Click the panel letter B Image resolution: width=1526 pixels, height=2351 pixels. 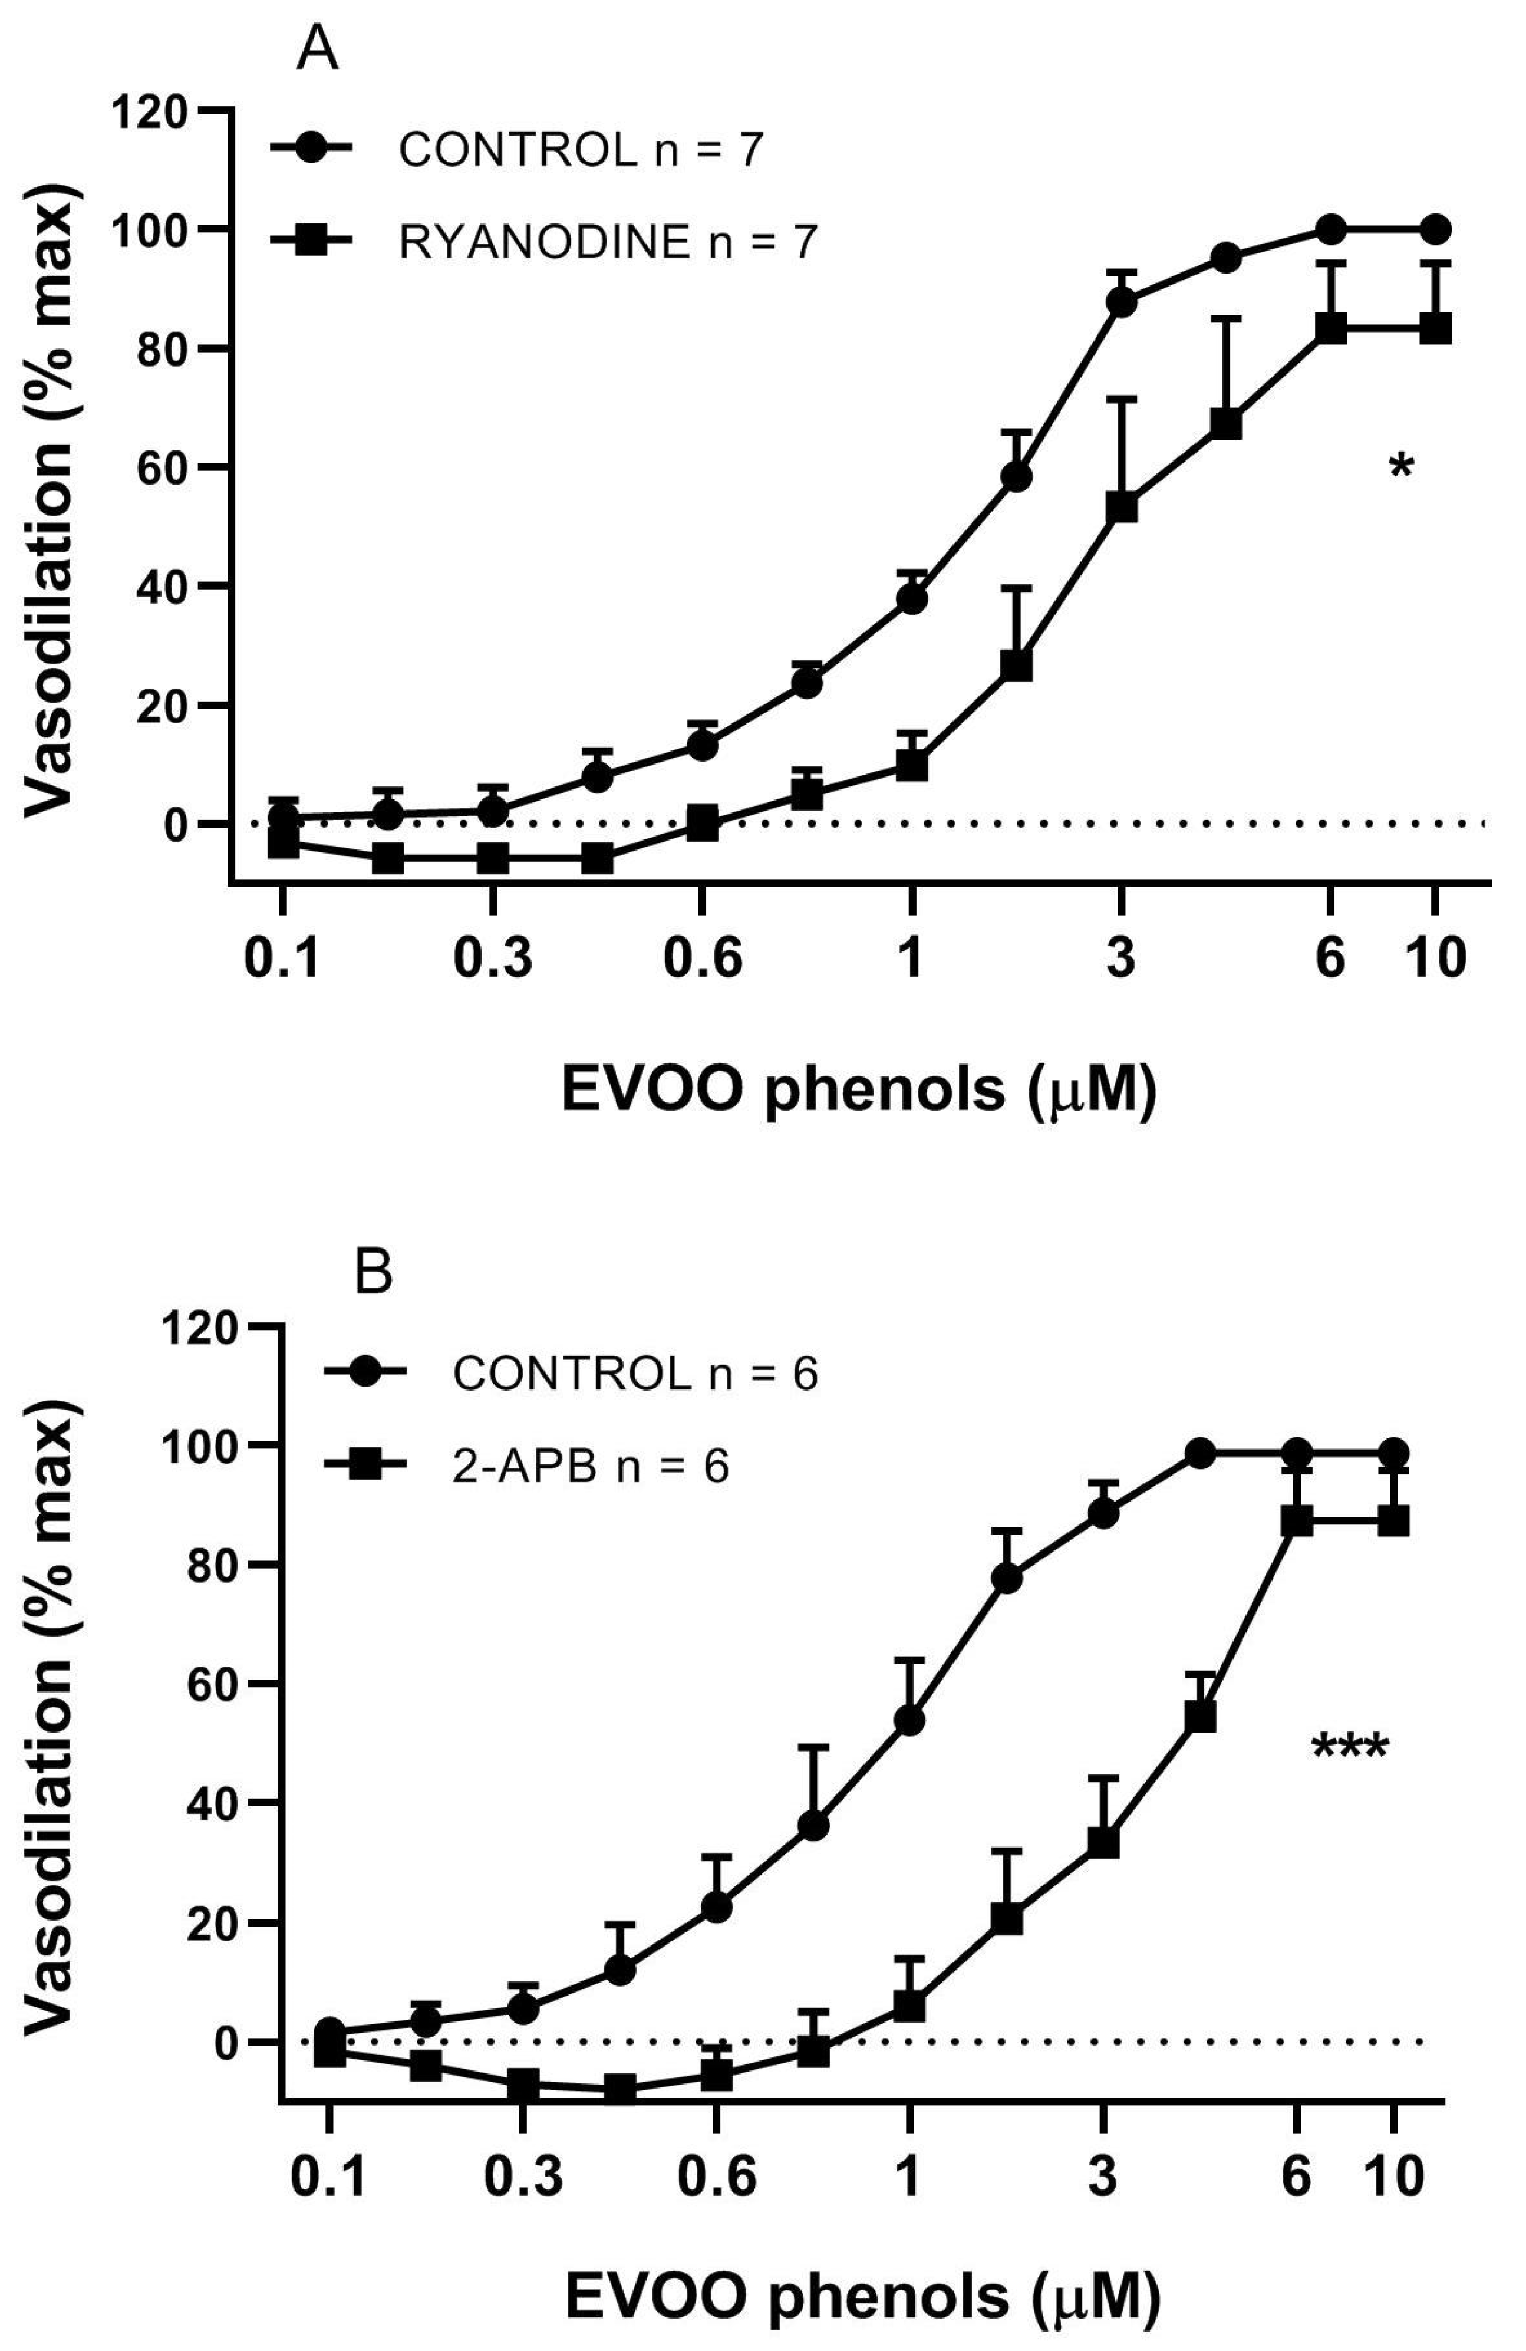click(373, 1275)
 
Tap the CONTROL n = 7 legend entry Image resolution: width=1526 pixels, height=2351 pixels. click(580, 150)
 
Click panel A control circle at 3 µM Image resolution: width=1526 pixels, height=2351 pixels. click(1121, 302)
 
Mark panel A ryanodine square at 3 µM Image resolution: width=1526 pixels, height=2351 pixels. click(1121, 508)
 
